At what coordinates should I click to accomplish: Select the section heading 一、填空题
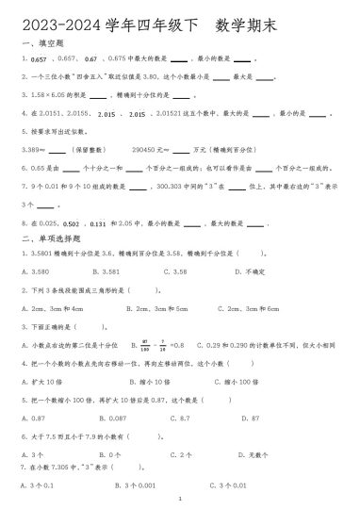coord(39,43)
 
